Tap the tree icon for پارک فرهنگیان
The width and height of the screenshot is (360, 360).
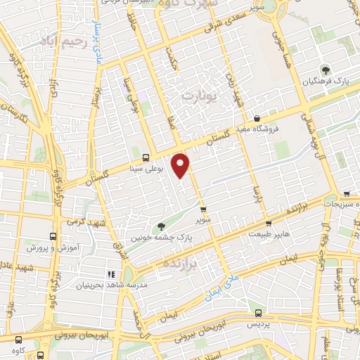(x=326, y=70)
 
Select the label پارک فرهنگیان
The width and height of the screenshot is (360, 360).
(x=326, y=82)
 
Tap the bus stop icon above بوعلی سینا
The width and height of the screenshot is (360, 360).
(x=145, y=158)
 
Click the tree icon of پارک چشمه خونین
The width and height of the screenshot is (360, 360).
(x=162, y=226)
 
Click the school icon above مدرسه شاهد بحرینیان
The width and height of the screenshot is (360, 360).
(x=110, y=274)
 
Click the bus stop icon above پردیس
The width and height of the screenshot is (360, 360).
(x=258, y=314)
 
